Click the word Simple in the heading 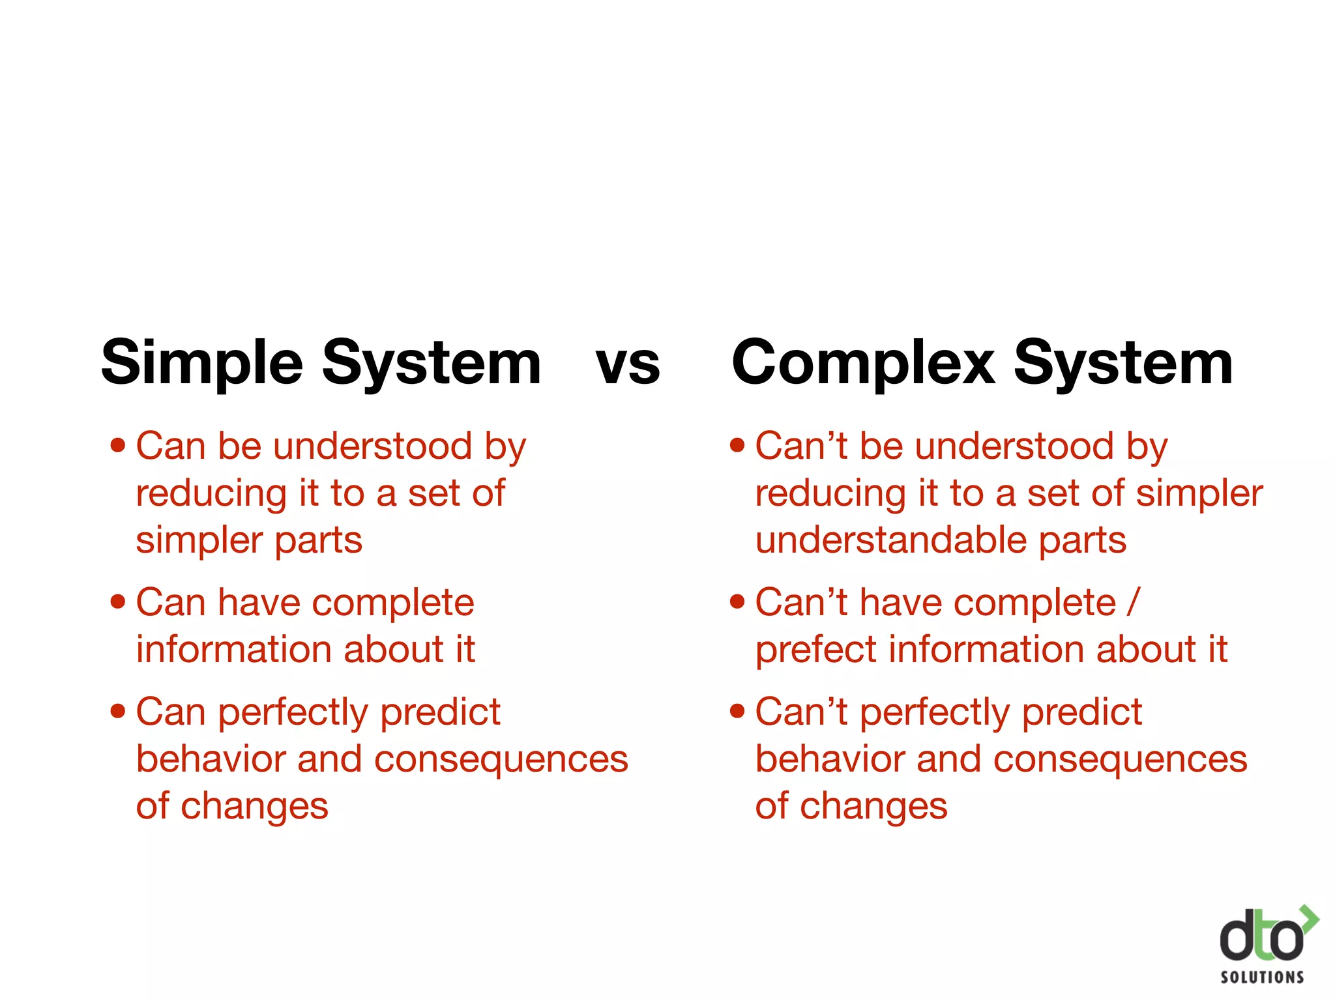202,364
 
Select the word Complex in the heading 863,364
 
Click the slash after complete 1134,602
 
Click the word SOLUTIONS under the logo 1262,977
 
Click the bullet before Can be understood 117,446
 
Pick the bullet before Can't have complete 737,602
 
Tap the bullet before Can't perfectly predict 737,710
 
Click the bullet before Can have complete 117,602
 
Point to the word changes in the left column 254,807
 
